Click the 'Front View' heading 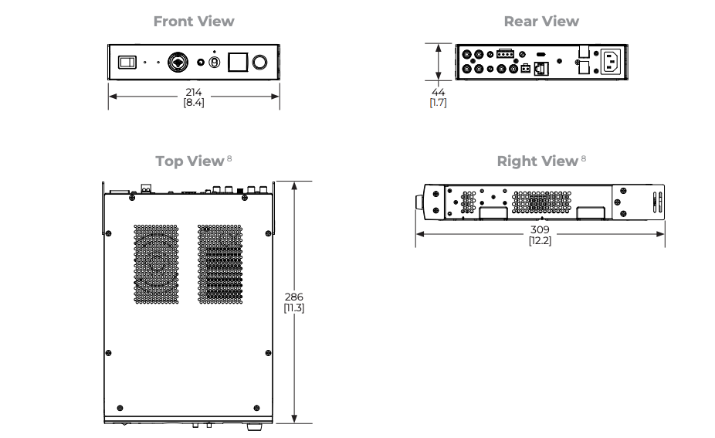click(x=194, y=21)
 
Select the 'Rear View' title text click(x=541, y=21)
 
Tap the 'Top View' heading click(x=190, y=161)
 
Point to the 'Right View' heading click(x=537, y=161)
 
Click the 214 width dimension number click(x=194, y=92)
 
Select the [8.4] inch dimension click(x=194, y=103)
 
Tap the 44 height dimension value click(x=439, y=92)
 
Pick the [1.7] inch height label click(x=439, y=103)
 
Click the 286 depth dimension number click(x=294, y=297)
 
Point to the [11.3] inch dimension click(x=294, y=308)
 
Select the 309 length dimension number click(x=540, y=229)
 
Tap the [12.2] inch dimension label click(x=540, y=240)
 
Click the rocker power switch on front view click(x=127, y=62)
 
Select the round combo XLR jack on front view click(x=178, y=62)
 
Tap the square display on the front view click(x=238, y=62)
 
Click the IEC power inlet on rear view click(x=611, y=62)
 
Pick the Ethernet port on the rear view click(x=541, y=69)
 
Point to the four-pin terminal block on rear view click(x=505, y=53)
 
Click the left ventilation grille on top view click(x=156, y=263)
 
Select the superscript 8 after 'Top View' click(x=229, y=158)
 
